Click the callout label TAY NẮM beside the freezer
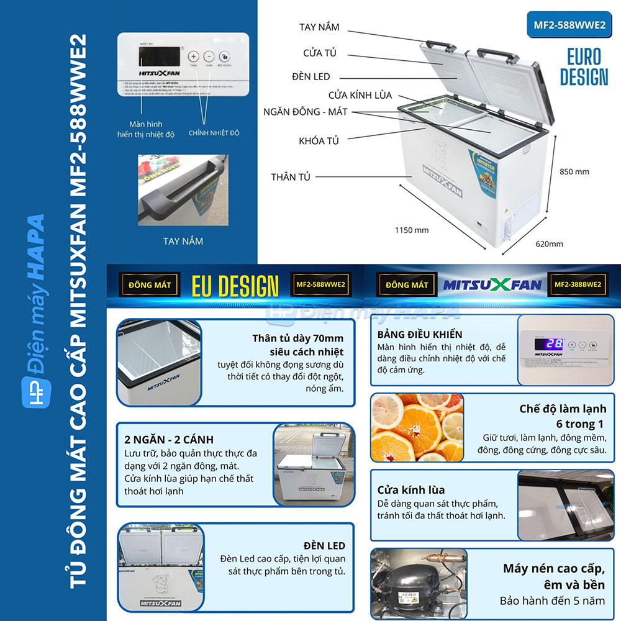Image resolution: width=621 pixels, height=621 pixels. click(x=319, y=27)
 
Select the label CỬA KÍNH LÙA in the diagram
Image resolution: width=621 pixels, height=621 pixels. click(x=360, y=95)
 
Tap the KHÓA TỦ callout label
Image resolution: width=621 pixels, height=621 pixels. click(x=319, y=141)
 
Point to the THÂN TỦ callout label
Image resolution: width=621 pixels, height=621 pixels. click(x=291, y=177)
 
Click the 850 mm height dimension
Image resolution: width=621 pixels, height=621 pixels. click(x=574, y=171)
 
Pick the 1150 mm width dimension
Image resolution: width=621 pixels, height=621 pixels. click(x=412, y=230)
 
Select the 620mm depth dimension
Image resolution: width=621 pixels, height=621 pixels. click(x=549, y=244)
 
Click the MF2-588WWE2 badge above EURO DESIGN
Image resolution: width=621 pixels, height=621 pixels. click(x=569, y=25)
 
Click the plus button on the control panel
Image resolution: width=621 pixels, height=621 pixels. click(x=193, y=55)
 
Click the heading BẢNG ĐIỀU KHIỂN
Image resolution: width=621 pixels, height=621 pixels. click(x=420, y=335)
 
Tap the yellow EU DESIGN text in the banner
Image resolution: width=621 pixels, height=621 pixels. click(x=235, y=286)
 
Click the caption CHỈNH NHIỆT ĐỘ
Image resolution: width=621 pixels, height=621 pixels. click(x=214, y=133)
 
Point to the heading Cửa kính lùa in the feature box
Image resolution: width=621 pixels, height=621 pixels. click(x=411, y=490)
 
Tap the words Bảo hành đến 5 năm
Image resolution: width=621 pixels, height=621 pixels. click(x=552, y=601)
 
